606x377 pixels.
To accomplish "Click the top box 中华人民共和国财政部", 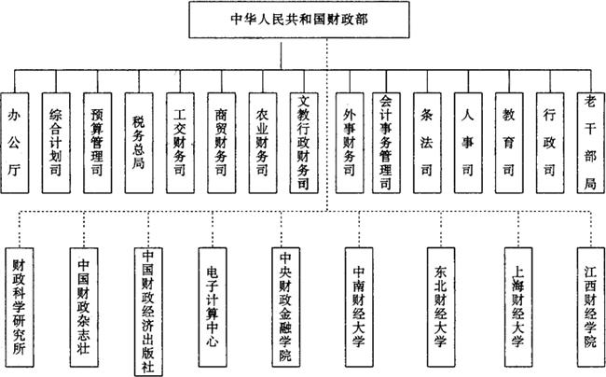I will click(303, 18).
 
